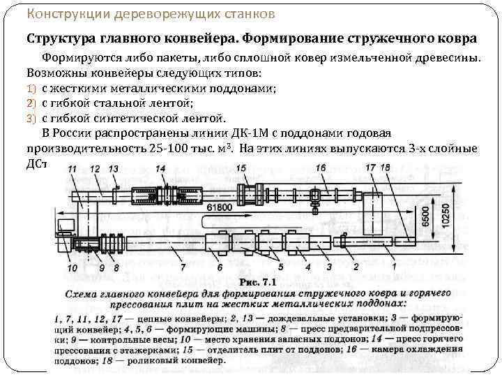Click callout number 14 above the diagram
[x=160, y=169]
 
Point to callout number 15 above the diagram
[x=241, y=168]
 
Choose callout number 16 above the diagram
[x=321, y=168]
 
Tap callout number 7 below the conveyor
[x=182, y=267]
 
